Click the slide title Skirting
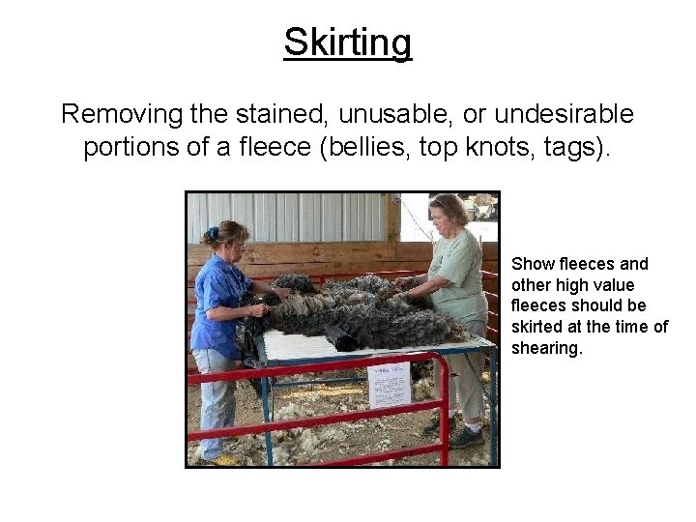click(x=347, y=43)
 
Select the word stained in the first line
click(x=283, y=114)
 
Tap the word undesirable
click(x=564, y=114)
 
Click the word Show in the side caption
click(x=532, y=264)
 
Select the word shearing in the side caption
click(x=546, y=348)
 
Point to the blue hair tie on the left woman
click(x=213, y=233)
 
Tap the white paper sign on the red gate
click(x=389, y=385)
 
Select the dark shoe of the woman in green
click(x=467, y=437)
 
